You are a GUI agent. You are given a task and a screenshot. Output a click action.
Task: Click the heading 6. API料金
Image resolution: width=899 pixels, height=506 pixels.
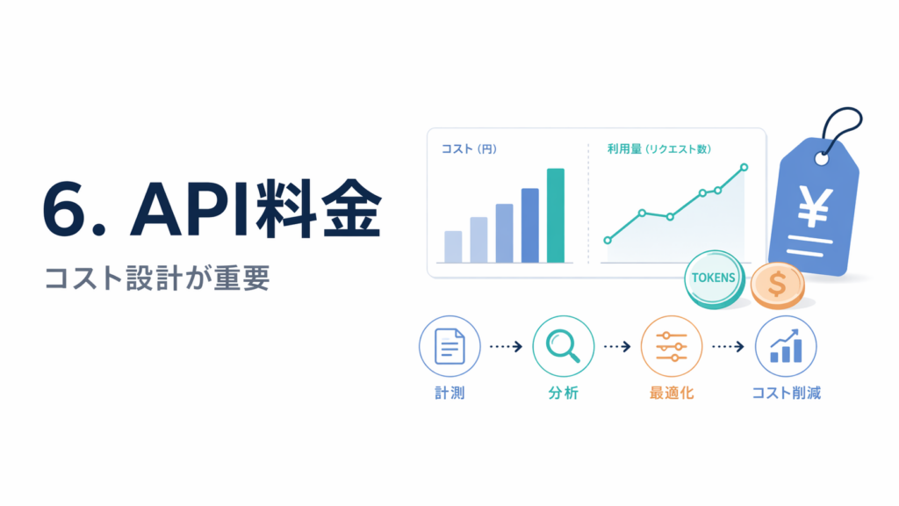tap(212, 209)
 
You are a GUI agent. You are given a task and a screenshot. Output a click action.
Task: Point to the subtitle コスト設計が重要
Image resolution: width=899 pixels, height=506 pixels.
tap(157, 278)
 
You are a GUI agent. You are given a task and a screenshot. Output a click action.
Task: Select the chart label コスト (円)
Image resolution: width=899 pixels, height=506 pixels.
tap(469, 149)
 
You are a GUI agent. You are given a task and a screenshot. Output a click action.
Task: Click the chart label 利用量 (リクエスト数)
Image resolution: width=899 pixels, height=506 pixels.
tap(659, 149)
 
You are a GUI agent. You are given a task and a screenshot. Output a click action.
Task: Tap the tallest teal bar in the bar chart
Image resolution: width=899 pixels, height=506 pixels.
tap(556, 216)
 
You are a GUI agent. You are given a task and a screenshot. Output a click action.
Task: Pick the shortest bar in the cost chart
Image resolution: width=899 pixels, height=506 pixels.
tap(453, 247)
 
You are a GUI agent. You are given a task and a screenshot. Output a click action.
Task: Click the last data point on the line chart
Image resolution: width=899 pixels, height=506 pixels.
tap(744, 168)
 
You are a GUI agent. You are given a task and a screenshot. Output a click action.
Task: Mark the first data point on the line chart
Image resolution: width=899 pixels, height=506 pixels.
tap(608, 241)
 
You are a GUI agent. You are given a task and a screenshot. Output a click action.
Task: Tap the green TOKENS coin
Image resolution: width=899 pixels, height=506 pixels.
tap(715, 279)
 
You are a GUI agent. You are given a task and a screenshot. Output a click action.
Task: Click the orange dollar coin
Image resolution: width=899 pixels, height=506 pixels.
tap(778, 286)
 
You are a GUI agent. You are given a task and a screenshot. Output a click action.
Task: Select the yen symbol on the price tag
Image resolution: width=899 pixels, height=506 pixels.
tap(815, 207)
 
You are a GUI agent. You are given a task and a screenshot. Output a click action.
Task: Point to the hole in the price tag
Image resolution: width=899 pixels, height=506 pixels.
tap(822, 159)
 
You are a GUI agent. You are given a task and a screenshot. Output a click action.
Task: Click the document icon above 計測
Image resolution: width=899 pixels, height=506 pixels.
tap(449, 346)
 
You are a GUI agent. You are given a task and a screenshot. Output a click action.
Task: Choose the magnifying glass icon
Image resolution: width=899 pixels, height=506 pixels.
tap(563, 346)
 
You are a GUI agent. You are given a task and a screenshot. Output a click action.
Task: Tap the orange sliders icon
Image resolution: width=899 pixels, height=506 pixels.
tap(672, 346)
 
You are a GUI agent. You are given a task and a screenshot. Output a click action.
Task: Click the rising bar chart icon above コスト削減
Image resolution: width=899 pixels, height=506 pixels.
tap(786, 346)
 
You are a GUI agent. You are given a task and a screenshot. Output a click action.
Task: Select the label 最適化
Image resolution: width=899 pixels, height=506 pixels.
tap(672, 393)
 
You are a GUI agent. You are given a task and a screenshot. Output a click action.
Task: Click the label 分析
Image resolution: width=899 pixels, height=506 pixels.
tap(563, 393)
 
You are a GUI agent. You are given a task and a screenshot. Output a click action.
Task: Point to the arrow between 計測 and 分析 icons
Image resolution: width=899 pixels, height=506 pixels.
tap(507, 346)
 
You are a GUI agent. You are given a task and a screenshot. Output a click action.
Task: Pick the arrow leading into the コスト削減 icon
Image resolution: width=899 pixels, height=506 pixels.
tap(728, 346)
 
